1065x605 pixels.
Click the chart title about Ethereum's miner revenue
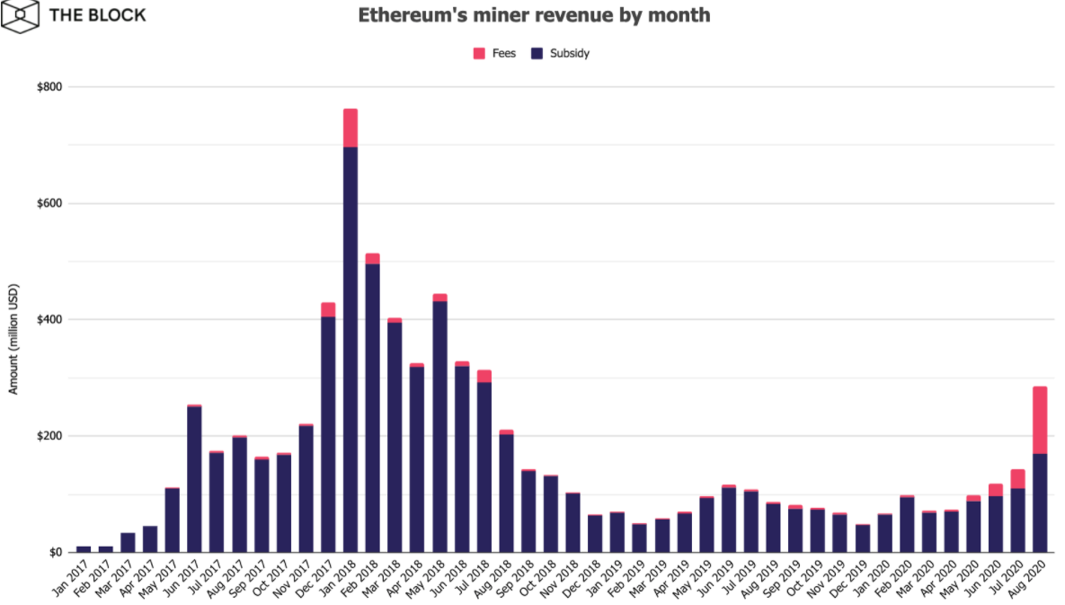coord(534,15)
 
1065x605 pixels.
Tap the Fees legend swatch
coord(479,54)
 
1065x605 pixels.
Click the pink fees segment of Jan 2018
coord(351,128)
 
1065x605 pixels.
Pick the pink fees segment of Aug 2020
coord(1040,420)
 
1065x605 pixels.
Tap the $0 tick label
coord(54,552)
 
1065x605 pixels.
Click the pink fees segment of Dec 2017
coord(328,309)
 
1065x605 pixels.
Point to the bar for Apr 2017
coord(150,538)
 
